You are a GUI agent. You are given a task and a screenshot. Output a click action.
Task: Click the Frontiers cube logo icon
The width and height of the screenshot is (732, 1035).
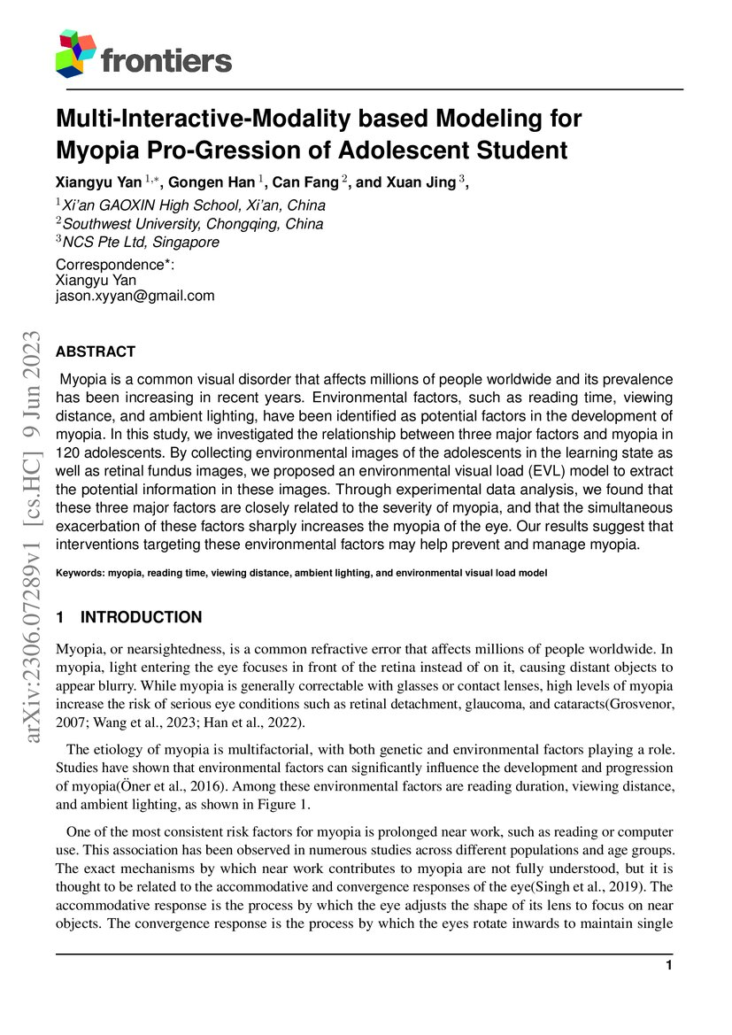click(75, 53)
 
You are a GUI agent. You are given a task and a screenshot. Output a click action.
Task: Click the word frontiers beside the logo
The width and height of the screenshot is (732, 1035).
click(166, 60)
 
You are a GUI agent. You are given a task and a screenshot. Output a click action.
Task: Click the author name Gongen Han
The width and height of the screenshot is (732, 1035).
click(212, 182)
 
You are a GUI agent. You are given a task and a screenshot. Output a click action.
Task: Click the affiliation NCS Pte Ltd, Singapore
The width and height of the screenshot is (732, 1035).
click(141, 242)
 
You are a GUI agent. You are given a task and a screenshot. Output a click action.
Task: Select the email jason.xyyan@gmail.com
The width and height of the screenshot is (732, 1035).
click(135, 296)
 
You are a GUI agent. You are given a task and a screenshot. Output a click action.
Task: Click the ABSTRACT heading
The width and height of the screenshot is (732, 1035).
click(96, 351)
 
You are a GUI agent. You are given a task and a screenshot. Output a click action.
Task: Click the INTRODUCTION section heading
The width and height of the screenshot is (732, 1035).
click(141, 617)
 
